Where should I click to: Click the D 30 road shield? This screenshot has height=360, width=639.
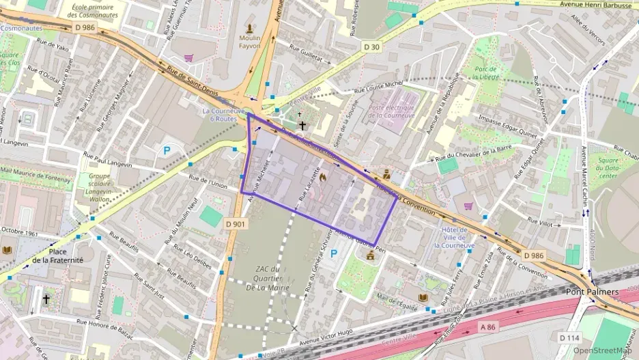click(371, 46)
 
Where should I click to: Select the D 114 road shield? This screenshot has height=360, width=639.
click(569, 337)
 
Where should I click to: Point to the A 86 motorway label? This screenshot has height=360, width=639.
click(487, 327)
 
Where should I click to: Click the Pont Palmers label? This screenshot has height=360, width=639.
click(592, 292)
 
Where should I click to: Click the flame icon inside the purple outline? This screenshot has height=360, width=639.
click(322, 176)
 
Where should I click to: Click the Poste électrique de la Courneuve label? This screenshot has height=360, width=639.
click(391, 111)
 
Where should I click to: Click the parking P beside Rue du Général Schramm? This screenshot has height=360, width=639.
click(334, 253)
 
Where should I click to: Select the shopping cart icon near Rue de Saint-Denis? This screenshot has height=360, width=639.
click(188, 58)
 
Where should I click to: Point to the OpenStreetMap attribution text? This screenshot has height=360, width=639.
click(603, 350)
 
